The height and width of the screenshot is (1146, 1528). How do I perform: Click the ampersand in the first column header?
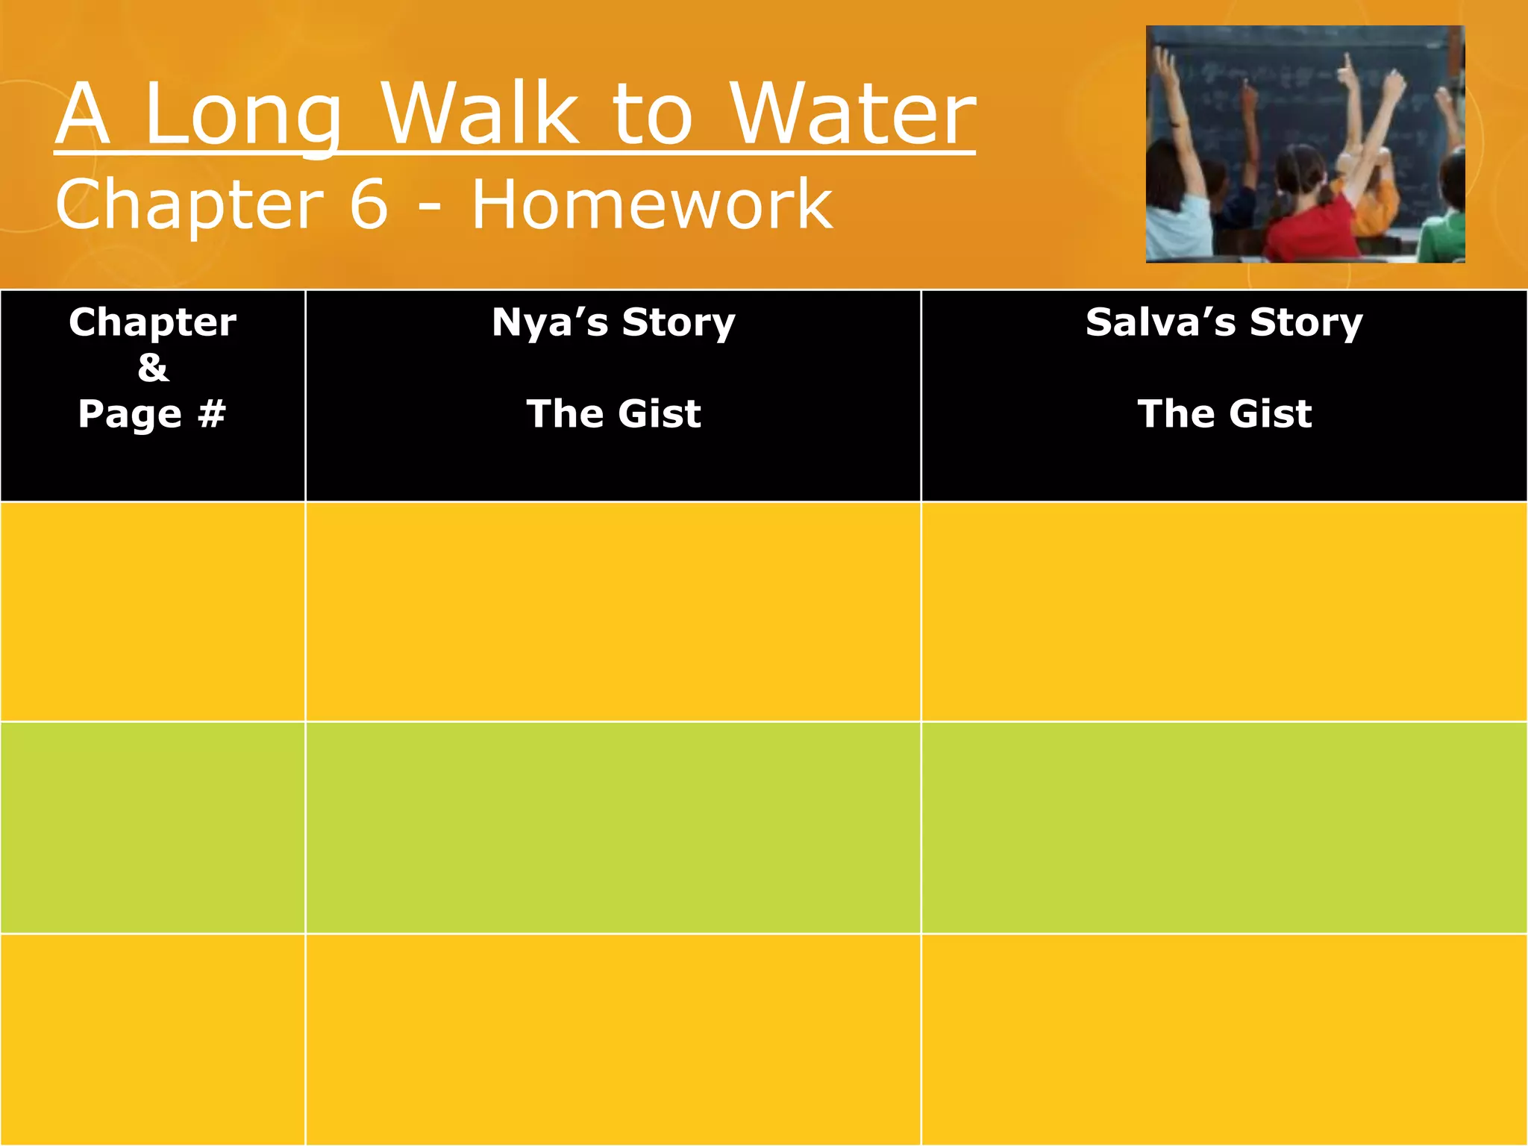tap(153, 367)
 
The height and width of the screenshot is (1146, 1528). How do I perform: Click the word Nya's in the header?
tap(550, 322)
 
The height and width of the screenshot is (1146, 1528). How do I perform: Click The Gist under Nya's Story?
tap(613, 413)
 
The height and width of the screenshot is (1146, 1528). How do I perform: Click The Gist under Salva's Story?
tap(1224, 413)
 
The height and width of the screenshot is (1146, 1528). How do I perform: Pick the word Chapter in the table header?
tap(153, 322)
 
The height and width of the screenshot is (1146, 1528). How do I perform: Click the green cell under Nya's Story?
tap(613, 827)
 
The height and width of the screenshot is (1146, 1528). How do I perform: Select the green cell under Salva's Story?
tap(1224, 827)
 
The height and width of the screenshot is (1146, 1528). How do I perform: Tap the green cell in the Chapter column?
tap(153, 827)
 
